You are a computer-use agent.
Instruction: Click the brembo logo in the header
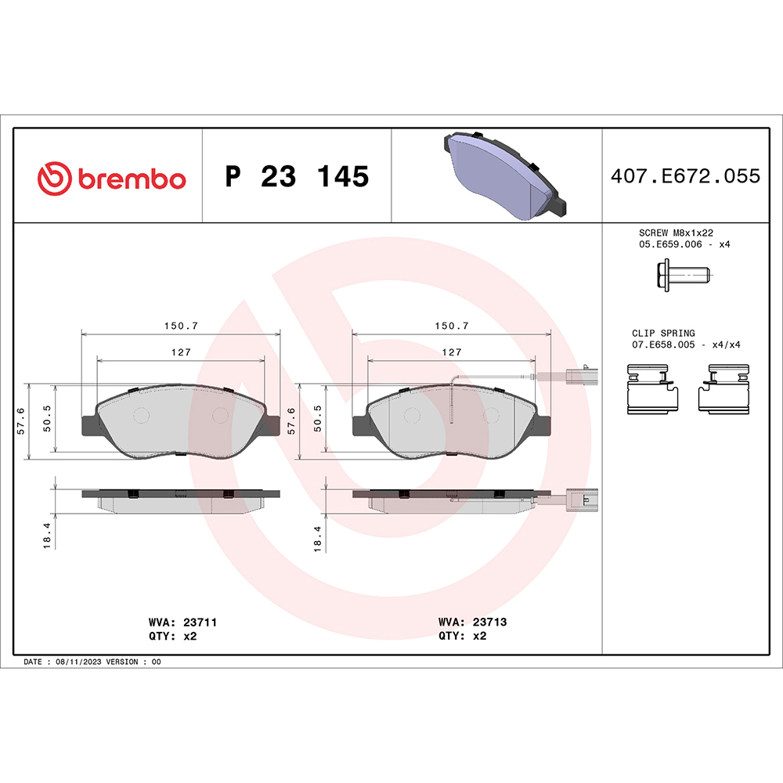[112, 178]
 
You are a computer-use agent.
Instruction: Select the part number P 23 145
[296, 177]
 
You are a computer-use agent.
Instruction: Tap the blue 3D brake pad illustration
[502, 175]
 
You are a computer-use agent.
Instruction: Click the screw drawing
[681, 275]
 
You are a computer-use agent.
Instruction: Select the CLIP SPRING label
[663, 333]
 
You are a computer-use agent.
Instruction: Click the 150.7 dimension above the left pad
[181, 325]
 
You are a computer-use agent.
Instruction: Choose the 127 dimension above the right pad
[452, 352]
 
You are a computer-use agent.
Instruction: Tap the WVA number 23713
[489, 622]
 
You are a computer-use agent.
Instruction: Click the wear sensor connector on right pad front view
[576, 377]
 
